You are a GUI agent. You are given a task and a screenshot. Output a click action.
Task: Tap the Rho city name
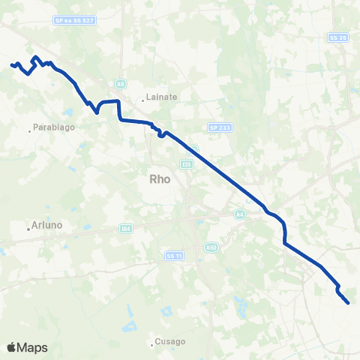(160, 178)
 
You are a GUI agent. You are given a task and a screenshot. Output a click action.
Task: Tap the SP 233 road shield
(223, 128)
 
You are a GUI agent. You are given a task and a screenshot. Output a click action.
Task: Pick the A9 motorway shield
(120, 83)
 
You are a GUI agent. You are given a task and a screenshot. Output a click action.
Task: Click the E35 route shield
(187, 163)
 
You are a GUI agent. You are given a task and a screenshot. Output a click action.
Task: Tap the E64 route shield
(126, 228)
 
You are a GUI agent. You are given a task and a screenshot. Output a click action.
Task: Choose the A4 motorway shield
(239, 214)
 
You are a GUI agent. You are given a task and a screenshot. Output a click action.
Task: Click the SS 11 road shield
(174, 256)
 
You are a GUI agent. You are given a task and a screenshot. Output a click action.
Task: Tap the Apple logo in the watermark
(12, 347)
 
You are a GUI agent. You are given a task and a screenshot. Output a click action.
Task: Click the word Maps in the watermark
(34, 347)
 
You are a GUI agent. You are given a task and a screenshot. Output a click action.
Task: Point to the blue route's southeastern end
(349, 303)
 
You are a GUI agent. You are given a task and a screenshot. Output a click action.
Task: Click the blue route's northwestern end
(11, 65)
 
